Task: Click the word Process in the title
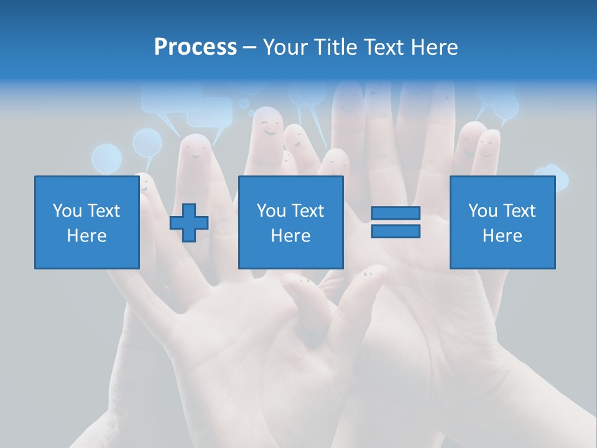[195, 47]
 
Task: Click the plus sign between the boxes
[189, 223]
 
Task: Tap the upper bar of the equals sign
[396, 213]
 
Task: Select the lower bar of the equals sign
[396, 231]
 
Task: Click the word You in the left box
[67, 211]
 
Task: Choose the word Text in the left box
[103, 211]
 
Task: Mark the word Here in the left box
[86, 236]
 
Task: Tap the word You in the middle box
[271, 211]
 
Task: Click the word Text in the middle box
[307, 211]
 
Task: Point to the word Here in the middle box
[290, 236]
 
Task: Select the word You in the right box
[483, 211]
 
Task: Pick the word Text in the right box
[519, 211]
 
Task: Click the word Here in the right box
[502, 236]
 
